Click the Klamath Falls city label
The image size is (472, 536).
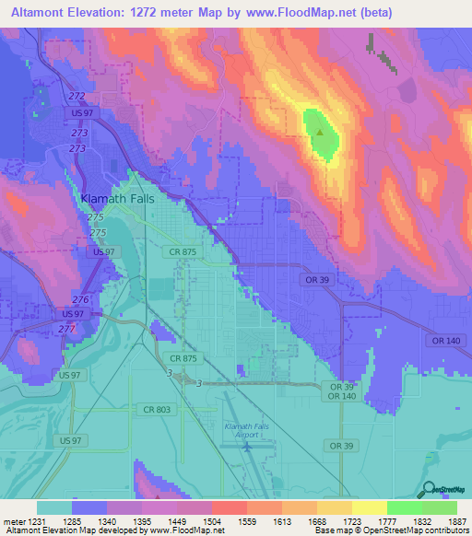pos(115,198)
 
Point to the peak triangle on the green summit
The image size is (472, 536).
pos(319,132)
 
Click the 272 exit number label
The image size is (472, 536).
pos(77,97)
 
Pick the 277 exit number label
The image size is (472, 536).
pos(65,329)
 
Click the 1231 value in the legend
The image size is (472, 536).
pos(32,520)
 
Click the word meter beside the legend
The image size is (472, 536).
pos(11,520)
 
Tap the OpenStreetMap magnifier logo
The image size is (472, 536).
pos(427,490)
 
